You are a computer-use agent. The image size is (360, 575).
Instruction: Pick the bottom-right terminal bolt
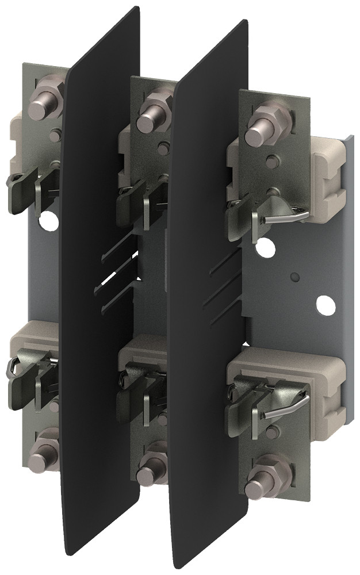[x=260, y=485]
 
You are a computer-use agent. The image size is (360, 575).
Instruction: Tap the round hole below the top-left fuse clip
[x=47, y=219]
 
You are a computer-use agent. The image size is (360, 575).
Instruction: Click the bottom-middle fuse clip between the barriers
[x=141, y=382]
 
